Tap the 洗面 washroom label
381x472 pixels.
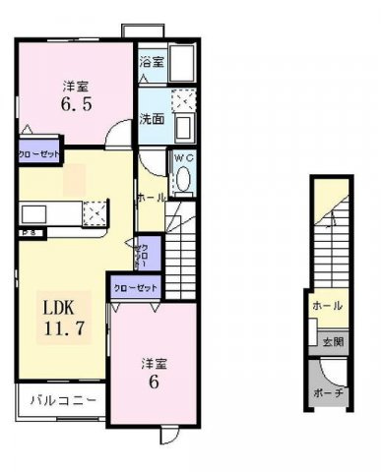151,120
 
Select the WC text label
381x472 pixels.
183,157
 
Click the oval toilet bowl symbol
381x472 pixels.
182,181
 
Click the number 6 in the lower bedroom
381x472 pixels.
153,384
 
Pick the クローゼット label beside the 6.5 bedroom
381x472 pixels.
38,153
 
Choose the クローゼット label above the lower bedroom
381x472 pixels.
135,288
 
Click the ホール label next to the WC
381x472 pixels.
150,197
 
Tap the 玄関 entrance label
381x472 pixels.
332,343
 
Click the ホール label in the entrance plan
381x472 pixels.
329,307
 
